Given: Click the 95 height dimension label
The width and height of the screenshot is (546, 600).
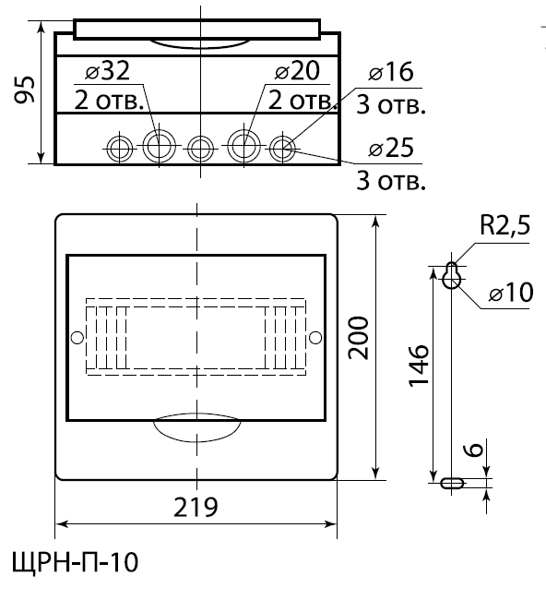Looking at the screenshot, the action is coord(25,90).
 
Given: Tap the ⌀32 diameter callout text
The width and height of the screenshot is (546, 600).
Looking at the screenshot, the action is coord(107,70).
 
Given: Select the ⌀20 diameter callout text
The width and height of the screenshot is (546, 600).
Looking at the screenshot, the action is coord(297,70).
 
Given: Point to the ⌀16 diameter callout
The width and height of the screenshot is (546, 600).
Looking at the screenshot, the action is coord(391,72).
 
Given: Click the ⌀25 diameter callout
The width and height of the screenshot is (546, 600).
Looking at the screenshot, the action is coord(391,148).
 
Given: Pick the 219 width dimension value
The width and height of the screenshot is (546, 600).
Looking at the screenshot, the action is coord(196,507).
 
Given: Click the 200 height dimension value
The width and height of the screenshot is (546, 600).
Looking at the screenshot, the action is coord(359,338).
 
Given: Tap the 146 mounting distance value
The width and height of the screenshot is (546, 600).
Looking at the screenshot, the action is coord(419,366).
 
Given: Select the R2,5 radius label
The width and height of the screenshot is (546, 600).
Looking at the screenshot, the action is coord(504,225).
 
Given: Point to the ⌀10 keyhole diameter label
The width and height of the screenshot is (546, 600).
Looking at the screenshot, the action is coord(511,293).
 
